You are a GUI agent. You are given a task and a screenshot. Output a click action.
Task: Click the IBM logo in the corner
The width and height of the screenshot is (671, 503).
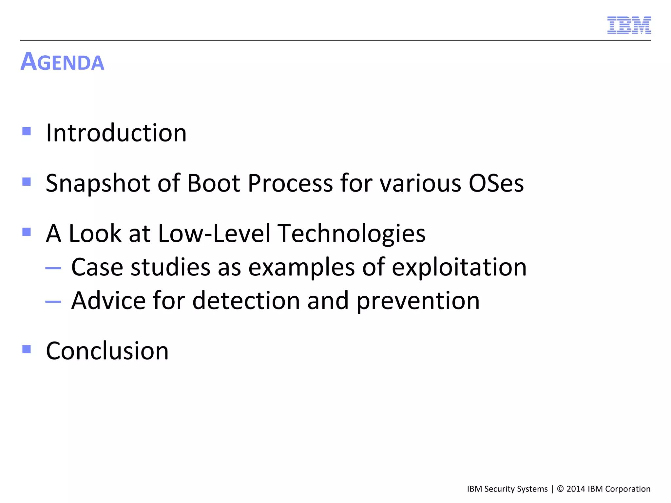pos(629,25)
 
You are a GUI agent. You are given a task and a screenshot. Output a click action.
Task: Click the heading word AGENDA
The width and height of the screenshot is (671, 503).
pos(62,62)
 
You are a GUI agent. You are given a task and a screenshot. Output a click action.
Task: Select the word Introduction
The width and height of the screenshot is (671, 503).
pos(116,133)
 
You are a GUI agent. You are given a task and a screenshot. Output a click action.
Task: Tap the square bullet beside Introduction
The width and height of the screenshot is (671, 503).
pos(27,131)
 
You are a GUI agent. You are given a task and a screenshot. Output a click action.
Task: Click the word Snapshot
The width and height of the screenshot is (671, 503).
pos(98,183)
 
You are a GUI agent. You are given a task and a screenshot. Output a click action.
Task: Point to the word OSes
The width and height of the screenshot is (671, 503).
pos(496,183)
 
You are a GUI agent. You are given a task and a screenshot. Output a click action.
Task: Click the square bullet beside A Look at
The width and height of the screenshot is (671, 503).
pos(27,232)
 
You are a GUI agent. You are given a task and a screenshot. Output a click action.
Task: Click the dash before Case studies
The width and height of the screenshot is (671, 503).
pos(53,268)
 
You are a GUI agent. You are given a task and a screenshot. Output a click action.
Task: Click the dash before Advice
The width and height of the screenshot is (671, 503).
pos(53,301)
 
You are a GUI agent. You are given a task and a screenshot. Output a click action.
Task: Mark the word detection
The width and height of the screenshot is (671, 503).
pos(246,301)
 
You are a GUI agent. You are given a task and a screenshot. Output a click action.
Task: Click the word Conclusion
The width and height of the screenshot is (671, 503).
pos(107,351)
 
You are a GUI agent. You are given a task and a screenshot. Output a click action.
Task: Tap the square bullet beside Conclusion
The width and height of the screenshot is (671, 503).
pos(27,349)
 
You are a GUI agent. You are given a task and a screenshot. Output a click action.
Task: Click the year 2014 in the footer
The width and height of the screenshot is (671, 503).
pos(576,489)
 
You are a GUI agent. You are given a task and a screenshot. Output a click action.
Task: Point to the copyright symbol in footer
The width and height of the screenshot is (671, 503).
pos(560,489)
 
